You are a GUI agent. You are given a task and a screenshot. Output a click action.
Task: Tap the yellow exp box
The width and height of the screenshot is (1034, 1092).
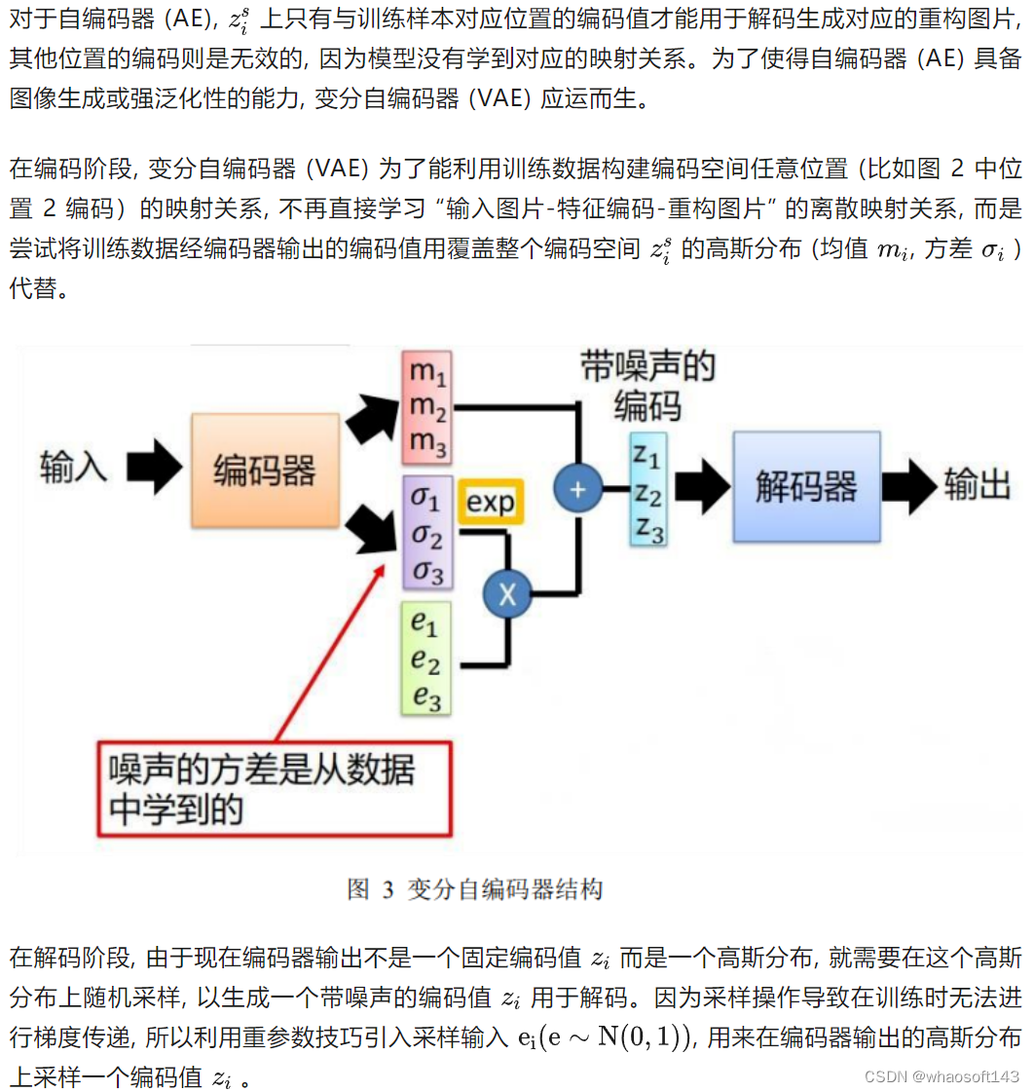tap(490, 503)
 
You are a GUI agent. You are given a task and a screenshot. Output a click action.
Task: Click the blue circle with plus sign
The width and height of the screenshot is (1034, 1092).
tap(578, 488)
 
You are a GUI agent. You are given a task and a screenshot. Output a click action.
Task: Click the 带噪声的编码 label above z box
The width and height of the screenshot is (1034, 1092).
tap(647, 384)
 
